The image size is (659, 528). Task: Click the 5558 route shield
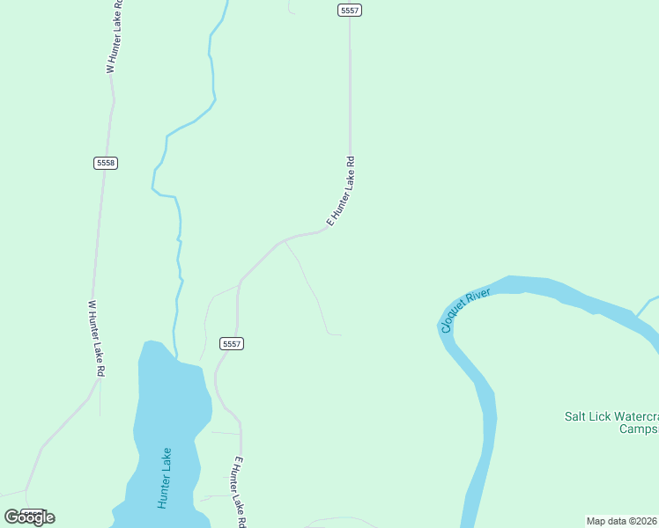point(106,163)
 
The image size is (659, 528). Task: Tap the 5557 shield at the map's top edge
point(350,10)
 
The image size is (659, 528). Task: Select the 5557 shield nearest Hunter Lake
point(231,343)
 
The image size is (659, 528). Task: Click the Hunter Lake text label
point(165,478)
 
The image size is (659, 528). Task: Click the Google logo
point(29,517)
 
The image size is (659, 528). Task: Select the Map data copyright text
point(622,521)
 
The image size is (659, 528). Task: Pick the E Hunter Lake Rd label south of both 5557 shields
point(234,491)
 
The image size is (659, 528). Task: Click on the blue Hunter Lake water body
point(172,414)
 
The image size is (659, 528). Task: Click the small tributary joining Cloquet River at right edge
point(648,304)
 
